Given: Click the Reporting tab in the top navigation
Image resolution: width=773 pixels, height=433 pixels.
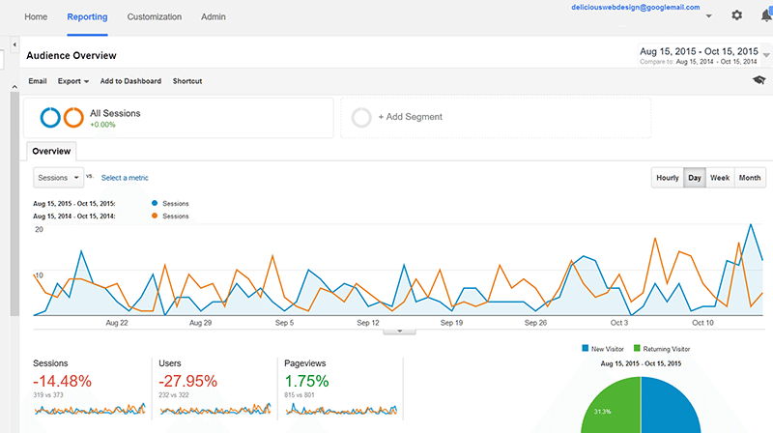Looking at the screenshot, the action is coord(87,16).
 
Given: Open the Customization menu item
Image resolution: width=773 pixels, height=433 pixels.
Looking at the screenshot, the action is coord(155,16).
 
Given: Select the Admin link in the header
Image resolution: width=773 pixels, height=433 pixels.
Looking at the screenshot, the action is coord(213,16).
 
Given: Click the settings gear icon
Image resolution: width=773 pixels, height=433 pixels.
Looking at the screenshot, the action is coord(736,15).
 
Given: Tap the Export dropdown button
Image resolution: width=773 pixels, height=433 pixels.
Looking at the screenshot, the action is coord(73,81).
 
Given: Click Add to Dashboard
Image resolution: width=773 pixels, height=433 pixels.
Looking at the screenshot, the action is coord(130,81).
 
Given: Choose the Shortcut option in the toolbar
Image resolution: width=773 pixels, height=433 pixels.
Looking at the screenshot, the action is coord(187,81).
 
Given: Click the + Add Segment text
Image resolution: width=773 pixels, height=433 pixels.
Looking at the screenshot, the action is coord(410,117).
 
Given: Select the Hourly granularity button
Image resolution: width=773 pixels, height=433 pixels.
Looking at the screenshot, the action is coord(668,178).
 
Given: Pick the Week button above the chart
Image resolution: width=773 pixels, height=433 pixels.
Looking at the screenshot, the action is coord(720,178).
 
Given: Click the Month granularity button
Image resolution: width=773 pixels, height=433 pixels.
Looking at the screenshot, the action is coord(750,178).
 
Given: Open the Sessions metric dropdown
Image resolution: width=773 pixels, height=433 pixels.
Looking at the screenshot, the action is coord(59,178).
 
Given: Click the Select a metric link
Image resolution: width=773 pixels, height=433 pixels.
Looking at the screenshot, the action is coord(125,178).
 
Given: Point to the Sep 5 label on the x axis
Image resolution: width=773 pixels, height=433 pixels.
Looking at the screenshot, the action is coord(284,323).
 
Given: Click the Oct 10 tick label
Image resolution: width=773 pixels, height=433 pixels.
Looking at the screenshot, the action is coord(702,323).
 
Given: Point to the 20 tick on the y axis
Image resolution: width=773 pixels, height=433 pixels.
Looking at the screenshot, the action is coord(39,230).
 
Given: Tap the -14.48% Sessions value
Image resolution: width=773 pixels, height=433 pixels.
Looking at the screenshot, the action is coord(62,381).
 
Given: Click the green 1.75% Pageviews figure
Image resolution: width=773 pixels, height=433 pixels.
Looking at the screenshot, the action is coord(306,381).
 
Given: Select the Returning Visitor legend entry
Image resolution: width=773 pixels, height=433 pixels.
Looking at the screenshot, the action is coord(662,349).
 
